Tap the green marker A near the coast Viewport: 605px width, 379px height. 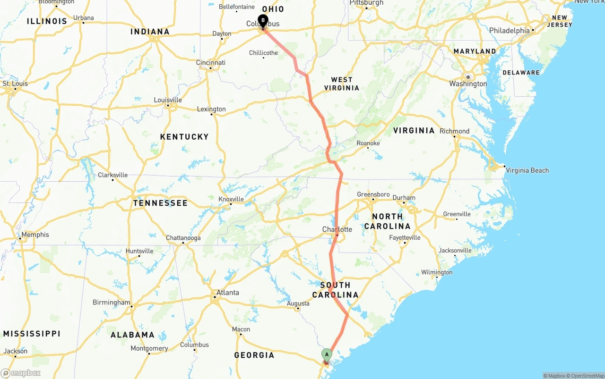point(327,354)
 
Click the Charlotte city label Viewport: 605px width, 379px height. point(337,229)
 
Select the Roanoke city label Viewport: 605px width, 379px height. point(368,143)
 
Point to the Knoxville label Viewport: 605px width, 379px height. point(231,199)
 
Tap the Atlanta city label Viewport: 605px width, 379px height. point(227,293)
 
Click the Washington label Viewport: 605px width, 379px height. point(468,84)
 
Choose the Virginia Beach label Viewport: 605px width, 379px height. point(527,170)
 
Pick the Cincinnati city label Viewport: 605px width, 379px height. point(211,62)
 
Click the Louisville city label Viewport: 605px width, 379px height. point(168,100)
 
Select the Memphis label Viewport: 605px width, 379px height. point(35,235)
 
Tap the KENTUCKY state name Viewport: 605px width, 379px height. point(184,136)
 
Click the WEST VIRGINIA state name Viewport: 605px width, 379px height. point(342,84)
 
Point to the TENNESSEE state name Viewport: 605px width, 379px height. point(160,203)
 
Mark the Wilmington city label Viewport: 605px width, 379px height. point(437,272)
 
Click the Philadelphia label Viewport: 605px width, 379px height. point(510,31)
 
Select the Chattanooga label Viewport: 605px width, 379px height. point(183,238)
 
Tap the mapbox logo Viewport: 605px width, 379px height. point(21,373)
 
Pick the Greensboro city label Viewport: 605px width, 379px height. point(373,194)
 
